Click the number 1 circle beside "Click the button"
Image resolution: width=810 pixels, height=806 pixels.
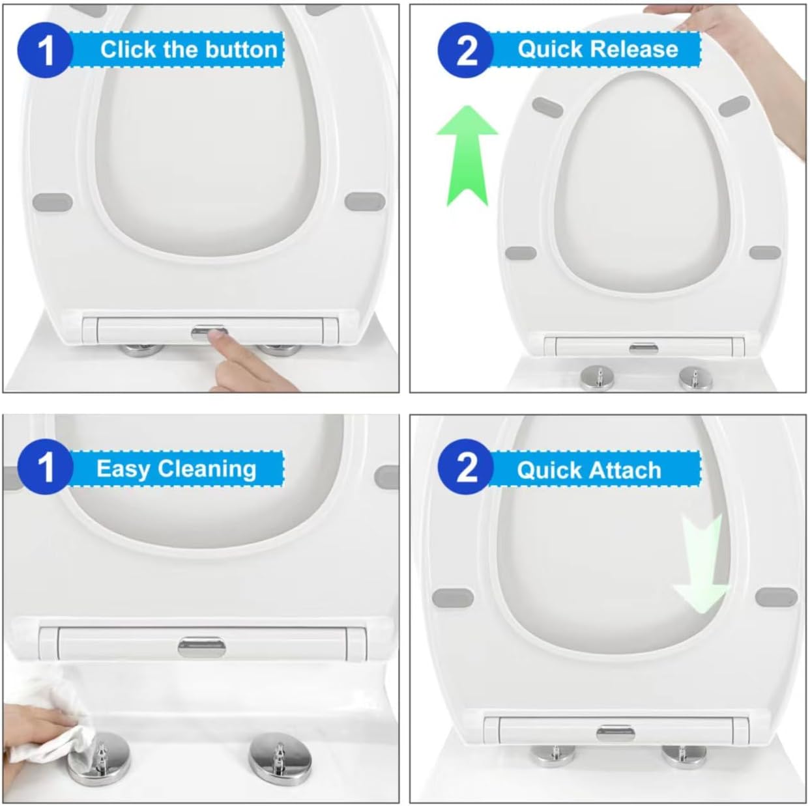[46, 50]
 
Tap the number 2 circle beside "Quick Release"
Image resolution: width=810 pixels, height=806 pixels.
[466, 50]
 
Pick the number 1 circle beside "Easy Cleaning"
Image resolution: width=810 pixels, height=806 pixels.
[46, 467]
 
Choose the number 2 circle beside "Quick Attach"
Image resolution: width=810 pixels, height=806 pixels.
[466, 467]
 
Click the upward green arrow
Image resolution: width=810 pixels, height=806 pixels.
[467, 156]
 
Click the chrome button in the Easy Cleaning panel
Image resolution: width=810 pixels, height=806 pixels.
[202, 647]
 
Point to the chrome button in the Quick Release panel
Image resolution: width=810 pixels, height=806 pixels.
[643, 348]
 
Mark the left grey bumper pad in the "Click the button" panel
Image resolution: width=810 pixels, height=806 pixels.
[53, 202]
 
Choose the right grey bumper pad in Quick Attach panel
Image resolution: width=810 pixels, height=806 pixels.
[776, 597]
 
